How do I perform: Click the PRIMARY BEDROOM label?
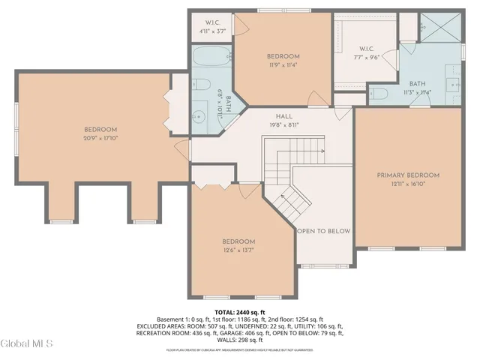click(408, 175)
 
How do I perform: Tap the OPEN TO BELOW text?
click(324, 231)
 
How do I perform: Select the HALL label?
click(283, 116)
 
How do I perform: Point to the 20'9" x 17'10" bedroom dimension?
click(100, 138)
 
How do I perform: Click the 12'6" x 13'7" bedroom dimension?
click(238, 250)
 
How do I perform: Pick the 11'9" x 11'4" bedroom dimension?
click(283, 64)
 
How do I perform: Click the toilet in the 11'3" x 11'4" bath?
click(379, 94)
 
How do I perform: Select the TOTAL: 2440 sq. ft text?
click(240, 312)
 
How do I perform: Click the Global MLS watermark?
click(27, 343)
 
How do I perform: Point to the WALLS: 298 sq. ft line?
click(240, 341)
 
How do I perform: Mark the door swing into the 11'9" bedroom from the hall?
click(315, 97)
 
